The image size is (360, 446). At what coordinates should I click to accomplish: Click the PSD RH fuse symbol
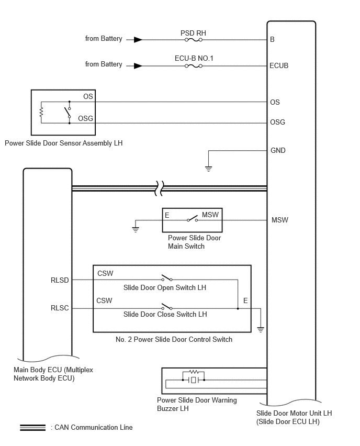tap(194, 40)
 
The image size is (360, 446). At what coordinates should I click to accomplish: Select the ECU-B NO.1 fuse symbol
tap(194, 66)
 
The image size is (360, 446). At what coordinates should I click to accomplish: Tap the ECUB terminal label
tap(279, 66)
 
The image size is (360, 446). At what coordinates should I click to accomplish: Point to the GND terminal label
tap(278, 150)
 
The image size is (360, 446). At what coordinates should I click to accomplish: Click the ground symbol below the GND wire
tap(208, 169)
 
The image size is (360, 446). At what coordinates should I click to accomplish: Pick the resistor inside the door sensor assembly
tap(41, 112)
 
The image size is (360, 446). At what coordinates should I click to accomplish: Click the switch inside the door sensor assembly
tap(68, 113)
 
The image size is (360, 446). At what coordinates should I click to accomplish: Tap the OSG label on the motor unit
tap(277, 122)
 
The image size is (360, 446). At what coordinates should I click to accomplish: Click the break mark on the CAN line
tap(159, 188)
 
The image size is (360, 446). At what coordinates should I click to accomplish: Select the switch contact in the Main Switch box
tap(192, 219)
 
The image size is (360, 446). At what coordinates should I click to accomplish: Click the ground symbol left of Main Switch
tap(136, 229)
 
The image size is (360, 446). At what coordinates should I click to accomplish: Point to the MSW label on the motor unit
tap(280, 220)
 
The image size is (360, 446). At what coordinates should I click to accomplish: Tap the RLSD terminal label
tap(60, 280)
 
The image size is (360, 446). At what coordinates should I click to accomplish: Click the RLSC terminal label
tap(60, 308)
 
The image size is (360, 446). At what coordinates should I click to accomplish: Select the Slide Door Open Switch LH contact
tap(166, 278)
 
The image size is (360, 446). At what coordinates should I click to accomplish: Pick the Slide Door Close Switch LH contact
tap(166, 307)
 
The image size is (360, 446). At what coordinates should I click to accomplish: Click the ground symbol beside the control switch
tap(261, 330)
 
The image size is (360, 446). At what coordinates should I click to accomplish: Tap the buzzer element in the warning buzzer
tap(194, 380)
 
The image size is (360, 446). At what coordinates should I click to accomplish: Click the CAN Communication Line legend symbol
tap(32, 428)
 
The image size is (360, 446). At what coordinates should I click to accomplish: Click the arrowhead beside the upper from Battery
tap(138, 40)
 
